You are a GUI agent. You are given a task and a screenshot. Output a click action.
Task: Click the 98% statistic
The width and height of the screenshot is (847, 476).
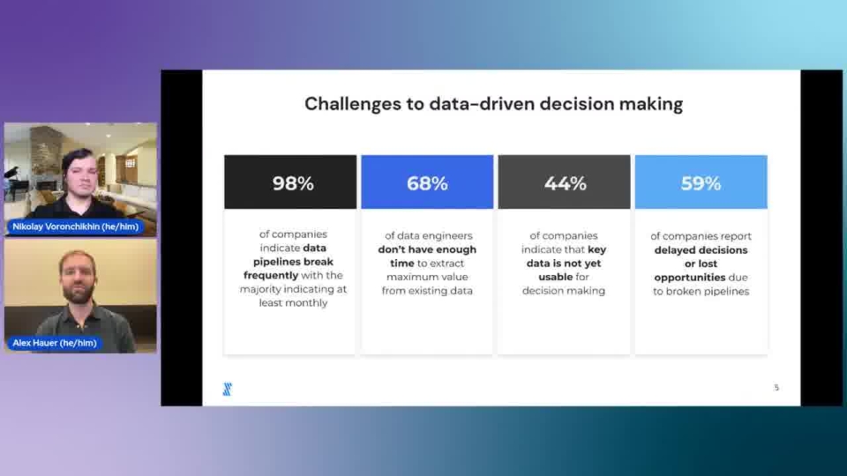point(293,183)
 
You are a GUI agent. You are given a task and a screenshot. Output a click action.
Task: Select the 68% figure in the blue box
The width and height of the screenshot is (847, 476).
point(427,183)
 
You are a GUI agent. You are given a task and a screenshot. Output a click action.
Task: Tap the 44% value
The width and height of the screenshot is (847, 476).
point(565,183)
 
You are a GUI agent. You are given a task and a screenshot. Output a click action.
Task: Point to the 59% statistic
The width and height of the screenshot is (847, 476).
point(701,183)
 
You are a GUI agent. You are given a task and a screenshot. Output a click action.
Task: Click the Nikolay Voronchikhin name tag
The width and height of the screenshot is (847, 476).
point(75,227)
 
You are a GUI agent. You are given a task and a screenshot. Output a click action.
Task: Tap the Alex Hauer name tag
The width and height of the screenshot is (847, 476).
point(54,343)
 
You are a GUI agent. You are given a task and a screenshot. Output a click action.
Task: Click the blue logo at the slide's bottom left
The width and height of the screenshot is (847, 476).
point(228,389)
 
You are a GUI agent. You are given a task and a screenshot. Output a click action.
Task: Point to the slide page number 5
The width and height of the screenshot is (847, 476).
point(776,388)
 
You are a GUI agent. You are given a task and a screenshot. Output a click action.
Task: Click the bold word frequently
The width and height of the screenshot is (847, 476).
point(271,275)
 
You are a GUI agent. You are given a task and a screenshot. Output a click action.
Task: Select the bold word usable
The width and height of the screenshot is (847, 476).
point(555,277)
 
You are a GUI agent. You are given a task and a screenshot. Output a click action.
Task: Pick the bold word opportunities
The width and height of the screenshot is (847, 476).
point(690,278)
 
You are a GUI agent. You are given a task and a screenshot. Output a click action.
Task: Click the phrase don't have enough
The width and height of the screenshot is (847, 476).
point(427,249)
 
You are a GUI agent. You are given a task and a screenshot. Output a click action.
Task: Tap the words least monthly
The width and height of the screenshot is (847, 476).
point(293,302)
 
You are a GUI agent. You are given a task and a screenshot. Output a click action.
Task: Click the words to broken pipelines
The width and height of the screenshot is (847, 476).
point(701,292)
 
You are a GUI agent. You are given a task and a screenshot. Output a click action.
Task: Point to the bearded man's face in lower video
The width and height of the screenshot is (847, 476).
point(79,277)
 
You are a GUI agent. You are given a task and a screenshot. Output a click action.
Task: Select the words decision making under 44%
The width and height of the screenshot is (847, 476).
point(564,291)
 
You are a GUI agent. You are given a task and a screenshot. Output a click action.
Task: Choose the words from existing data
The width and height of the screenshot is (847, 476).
point(427,291)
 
